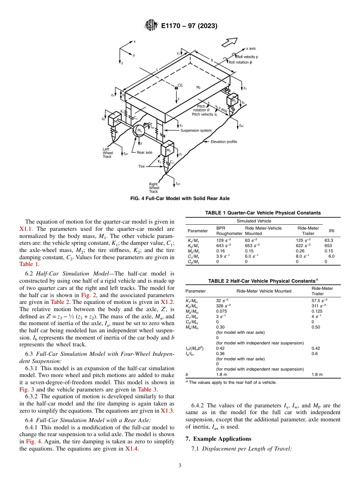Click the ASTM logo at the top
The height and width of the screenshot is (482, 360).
point(151,26)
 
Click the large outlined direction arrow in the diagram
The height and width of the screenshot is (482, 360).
point(229,42)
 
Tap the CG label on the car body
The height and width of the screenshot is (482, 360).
point(180,86)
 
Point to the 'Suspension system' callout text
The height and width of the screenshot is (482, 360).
point(196,131)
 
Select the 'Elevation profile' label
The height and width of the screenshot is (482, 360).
point(224,142)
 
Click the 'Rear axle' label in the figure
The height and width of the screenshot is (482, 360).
point(144,152)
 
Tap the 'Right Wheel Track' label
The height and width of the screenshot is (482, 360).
point(154,188)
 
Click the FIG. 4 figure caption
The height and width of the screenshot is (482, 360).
point(180,199)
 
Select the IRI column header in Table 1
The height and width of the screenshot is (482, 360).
point(331,231)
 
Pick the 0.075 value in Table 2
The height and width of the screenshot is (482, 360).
point(221,311)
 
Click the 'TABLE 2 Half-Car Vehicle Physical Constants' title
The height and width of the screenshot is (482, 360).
point(263,281)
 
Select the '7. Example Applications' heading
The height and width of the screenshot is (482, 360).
point(218,439)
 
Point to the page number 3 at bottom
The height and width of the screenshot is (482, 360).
point(180,465)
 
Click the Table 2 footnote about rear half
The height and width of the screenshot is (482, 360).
point(231,382)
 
